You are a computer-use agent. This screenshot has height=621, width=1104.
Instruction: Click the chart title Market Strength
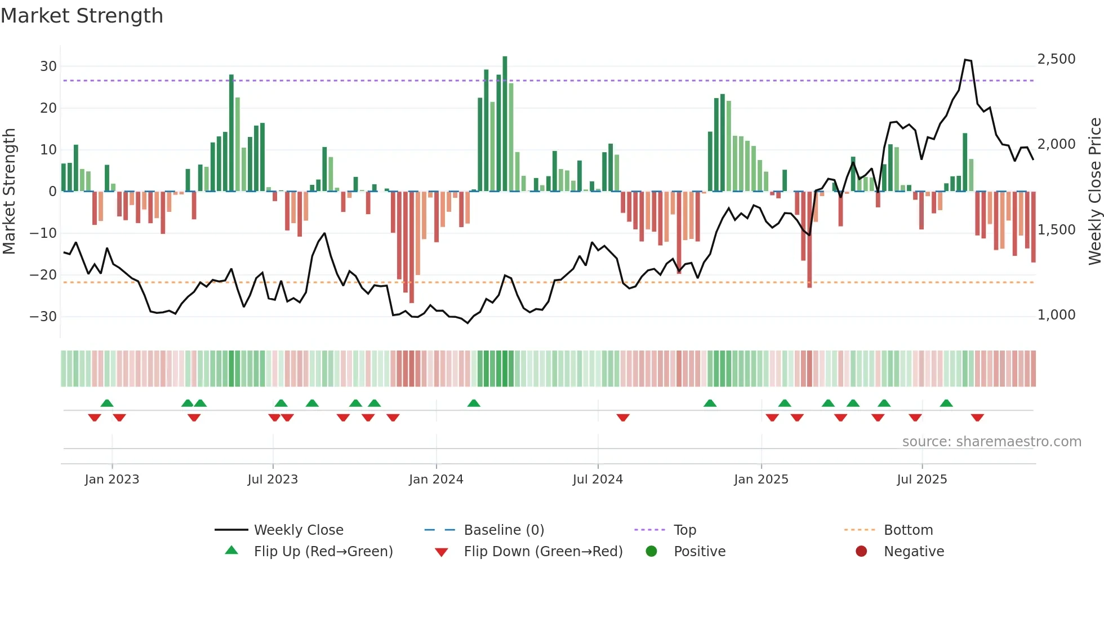click(82, 16)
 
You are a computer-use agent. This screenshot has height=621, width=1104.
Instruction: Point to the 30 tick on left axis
click(48, 66)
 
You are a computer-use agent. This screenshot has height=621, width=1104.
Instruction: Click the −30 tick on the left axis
click(44, 317)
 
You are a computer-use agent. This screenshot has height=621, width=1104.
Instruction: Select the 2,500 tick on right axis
click(1056, 59)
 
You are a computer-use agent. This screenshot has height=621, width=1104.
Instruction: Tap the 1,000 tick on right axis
click(1056, 315)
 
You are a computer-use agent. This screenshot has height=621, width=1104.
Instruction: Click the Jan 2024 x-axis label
click(436, 480)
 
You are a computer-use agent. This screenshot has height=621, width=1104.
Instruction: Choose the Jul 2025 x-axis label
click(922, 480)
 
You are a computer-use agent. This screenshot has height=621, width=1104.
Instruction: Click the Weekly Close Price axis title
click(1094, 192)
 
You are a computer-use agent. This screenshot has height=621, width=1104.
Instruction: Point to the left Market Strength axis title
click(9, 192)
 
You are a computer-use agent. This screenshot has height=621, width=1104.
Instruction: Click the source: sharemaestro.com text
click(991, 442)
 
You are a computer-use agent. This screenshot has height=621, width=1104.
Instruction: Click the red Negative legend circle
click(861, 552)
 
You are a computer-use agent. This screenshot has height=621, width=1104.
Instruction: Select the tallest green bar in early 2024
click(505, 124)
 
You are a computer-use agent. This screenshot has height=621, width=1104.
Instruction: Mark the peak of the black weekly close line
click(965, 60)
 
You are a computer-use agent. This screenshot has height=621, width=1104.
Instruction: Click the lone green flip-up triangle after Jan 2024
click(474, 403)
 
